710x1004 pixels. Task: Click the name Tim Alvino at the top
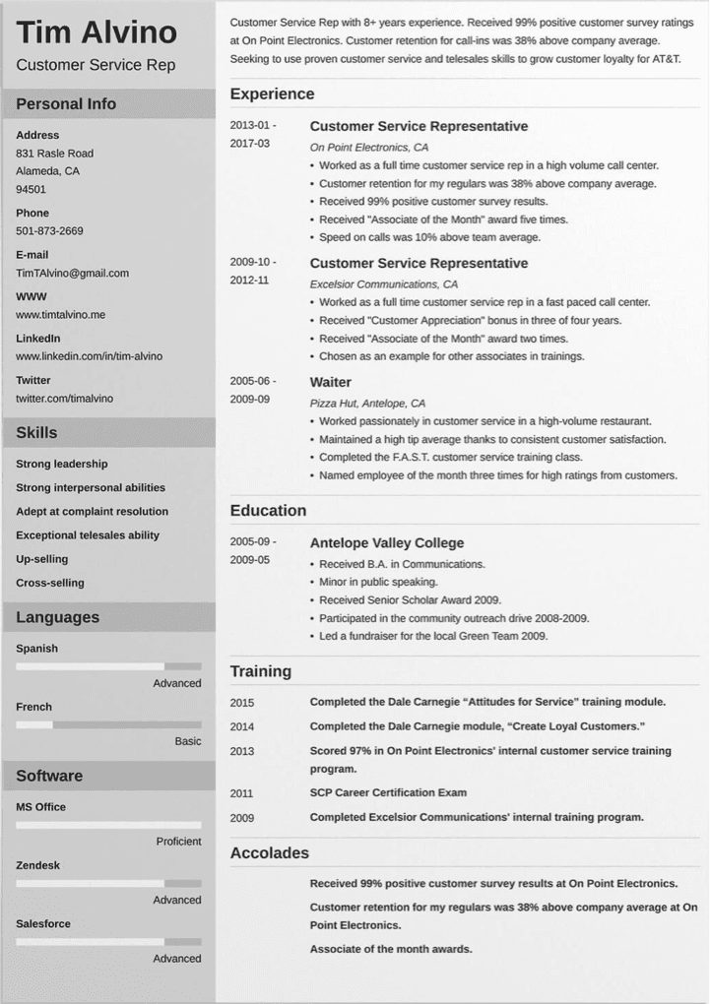[97, 32]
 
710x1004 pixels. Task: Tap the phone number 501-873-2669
[49, 230]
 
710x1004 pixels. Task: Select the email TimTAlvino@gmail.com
[72, 273]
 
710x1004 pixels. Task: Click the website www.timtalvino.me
[60, 315]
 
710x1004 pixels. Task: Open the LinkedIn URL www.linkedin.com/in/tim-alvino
[89, 356]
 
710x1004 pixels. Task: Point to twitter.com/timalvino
[64, 398]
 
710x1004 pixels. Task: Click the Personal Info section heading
[66, 104]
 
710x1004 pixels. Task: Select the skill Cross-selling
[50, 583]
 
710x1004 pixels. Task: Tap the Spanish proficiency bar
[108, 666]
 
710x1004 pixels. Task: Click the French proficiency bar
[108, 724]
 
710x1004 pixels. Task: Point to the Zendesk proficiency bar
[108, 883]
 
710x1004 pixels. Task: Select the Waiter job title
[330, 382]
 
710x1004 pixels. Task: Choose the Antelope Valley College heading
[386, 543]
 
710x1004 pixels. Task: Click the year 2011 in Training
[242, 793]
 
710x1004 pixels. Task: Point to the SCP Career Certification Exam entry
[388, 792]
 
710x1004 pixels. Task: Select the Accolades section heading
[269, 853]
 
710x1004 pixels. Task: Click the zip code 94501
[31, 189]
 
